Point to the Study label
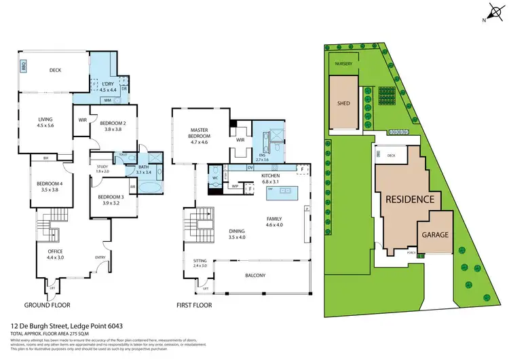pos(102,166)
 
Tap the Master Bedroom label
pos(198,133)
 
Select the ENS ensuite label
pos(263,156)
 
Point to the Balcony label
pos(255,275)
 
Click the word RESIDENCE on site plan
pos(409,200)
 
